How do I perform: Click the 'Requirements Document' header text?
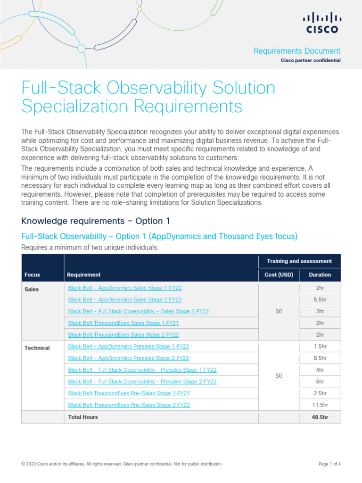coord(297,51)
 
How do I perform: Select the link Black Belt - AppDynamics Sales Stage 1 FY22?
coord(125,288)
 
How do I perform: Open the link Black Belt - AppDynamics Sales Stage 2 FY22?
coord(125,300)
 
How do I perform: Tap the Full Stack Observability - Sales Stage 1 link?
coord(139,311)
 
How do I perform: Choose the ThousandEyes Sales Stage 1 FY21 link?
coord(123,323)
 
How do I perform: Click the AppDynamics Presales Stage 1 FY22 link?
coord(129,346)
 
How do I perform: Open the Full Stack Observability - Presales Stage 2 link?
coord(142,382)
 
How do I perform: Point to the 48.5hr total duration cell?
coord(320,417)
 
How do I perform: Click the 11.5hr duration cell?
coord(320,405)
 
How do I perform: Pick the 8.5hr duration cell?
coord(320,358)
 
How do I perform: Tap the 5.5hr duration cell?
coord(320,300)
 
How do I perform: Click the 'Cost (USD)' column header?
coord(279,275)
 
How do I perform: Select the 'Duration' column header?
coord(320,275)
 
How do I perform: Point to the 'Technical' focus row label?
coord(37,348)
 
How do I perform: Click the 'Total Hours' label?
coord(83,417)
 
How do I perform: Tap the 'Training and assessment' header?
coord(299,261)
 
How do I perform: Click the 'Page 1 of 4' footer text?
coord(329,464)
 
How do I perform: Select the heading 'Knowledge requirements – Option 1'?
coord(96,221)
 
